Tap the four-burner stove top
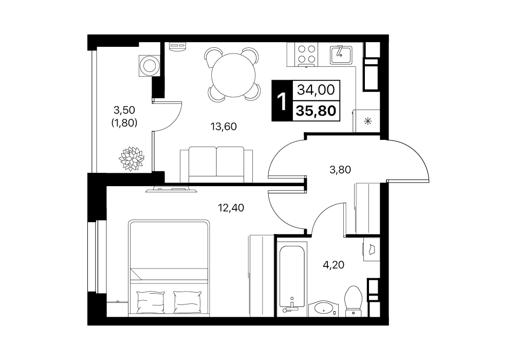[x=307, y=55]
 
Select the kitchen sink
[x=341, y=55]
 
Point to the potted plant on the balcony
[x=131, y=158]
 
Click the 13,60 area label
[x=224, y=127]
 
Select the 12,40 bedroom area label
[x=231, y=208]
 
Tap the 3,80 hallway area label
[x=340, y=170]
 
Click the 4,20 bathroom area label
[x=334, y=265]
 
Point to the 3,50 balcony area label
[x=124, y=109]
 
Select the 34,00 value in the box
[x=316, y=89]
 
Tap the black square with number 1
[x=282, y=101]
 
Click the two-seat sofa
[x=216, y=165]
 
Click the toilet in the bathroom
[x=354, y=301]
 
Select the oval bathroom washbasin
[x=323, y=308]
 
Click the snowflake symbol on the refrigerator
[x=367, y=121]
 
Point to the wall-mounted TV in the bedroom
[x=171, y=189]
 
